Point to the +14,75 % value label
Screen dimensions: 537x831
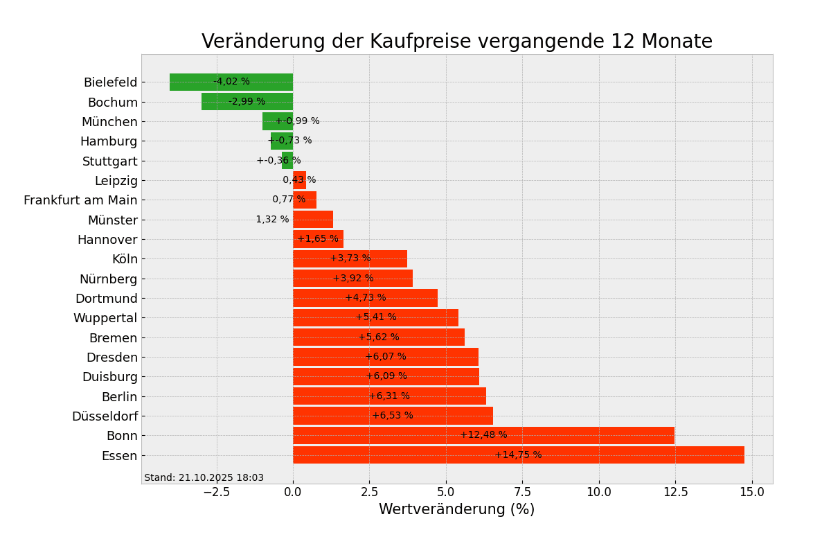click(x=518, y=455)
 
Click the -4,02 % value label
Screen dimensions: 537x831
click(x=231, y=82)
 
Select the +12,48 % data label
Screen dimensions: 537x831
click(x=483, y=435)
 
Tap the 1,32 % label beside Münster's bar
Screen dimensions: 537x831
click(x=272, y=220)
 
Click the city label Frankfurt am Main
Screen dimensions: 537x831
click(x=80, y=200)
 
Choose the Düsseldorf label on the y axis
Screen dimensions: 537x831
click(x=105, y=416)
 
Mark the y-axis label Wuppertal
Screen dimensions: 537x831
click(x=105, y=318)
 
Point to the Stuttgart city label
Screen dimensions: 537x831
click(x=110, y=161)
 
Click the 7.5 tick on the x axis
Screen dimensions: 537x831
click(x=522, y=492)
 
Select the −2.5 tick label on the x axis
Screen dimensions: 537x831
click(x=215, y=492)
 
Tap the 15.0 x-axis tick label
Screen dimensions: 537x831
click(x=752, y=492)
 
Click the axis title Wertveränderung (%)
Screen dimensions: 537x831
click(x=456, y=510)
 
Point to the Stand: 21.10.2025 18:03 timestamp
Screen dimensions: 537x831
click(x=204, y=478)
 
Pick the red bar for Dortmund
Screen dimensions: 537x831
click(x=365, y=299)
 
